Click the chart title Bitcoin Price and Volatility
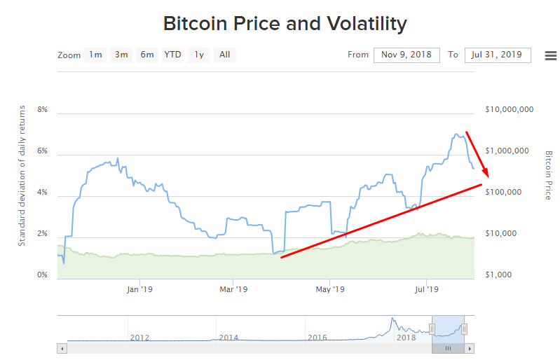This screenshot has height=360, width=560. [285, 23]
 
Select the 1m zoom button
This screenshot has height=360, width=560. [95, 55]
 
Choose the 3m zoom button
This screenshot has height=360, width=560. [121, 55]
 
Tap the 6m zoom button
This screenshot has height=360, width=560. [147, 55]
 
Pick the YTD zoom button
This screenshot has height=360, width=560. [172, 55]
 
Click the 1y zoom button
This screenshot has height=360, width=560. [199, 55]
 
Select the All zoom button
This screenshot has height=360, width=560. [224, 55]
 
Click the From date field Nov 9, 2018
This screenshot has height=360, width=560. [407, 55]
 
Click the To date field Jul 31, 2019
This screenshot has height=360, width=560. [498, 55]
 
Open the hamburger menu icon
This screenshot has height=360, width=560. [550, 55]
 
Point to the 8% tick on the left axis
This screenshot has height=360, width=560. [42, 110]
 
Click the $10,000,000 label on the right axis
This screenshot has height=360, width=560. [510, 110]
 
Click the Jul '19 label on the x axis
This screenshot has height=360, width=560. [427, 289]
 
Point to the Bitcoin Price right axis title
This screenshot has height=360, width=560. [549, 175]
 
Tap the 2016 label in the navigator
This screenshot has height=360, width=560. [317, 338]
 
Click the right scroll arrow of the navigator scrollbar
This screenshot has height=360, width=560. [470, 348]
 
